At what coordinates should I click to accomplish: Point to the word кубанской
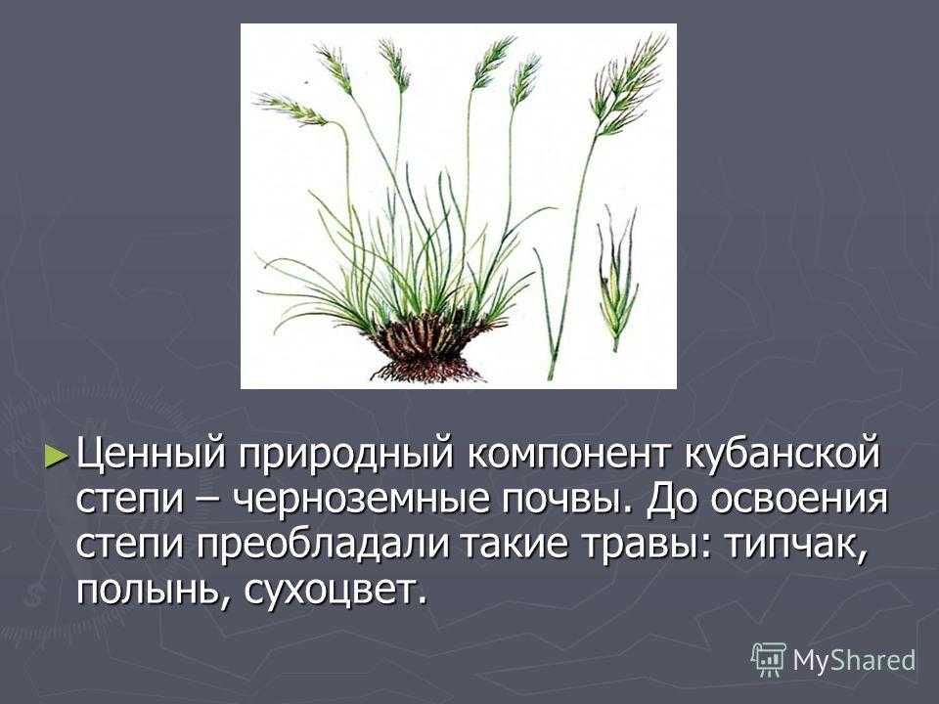[782, 455]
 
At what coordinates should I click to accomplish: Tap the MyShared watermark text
[855, 661]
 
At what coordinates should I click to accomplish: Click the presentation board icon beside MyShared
[769, 660]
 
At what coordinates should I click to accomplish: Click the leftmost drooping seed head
[291, 109]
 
